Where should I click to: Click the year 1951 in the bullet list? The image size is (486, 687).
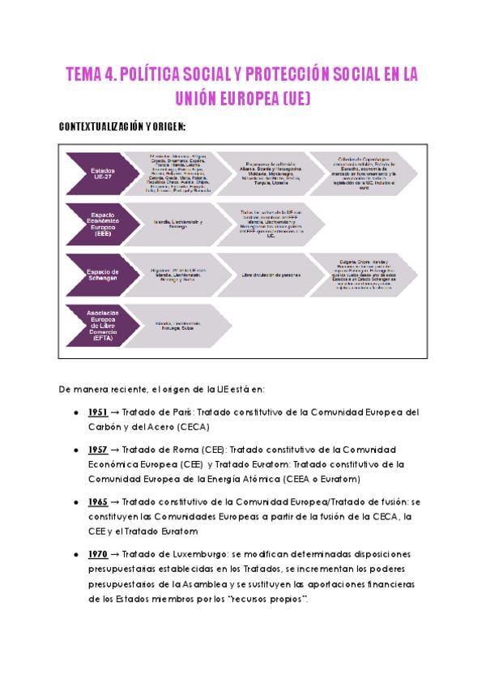click(x=97, y=412)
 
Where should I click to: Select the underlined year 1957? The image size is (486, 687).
click(x=97, y=450)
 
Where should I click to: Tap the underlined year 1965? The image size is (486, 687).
click(x=97, y=502)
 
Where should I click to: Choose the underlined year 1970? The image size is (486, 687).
click(x=97, y=554)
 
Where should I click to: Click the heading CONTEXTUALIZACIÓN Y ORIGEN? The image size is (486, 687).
click(x=123, y=127)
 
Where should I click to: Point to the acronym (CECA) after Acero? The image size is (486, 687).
click(x=215, y=427)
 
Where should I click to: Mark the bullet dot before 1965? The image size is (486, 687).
click(x=75, y=503)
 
